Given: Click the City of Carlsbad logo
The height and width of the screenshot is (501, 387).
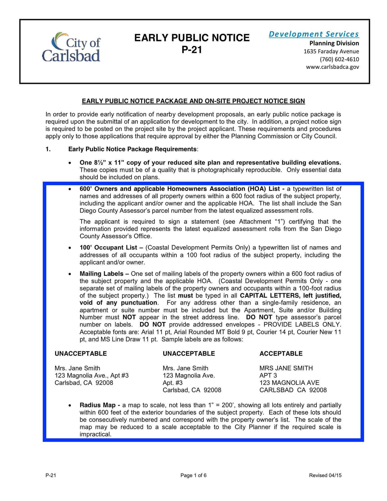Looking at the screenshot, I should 71,47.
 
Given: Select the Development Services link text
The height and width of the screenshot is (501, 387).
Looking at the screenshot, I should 313,34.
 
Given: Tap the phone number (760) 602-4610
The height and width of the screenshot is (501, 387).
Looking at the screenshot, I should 339,59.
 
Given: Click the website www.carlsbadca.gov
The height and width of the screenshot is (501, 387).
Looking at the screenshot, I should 332,67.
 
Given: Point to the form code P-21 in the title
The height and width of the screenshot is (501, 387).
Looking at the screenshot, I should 192,50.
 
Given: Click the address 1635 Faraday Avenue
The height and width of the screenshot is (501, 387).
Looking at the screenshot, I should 331,51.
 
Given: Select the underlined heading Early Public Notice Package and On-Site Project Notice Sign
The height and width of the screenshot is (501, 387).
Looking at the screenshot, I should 193,101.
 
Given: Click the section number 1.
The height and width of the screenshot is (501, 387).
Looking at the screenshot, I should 48,149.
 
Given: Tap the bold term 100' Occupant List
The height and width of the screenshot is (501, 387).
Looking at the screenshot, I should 111,247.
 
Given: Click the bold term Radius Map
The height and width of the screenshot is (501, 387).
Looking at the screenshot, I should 100,405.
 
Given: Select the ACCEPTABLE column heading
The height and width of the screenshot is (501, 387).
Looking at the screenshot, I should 281,354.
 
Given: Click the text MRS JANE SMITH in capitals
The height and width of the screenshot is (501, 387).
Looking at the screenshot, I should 286,368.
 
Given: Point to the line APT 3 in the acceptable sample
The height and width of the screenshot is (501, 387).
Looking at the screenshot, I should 268,376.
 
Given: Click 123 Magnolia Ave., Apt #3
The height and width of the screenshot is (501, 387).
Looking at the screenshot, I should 92,376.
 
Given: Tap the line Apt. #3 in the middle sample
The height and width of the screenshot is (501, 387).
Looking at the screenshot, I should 173,383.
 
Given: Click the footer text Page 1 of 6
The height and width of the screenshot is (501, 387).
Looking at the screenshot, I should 193,475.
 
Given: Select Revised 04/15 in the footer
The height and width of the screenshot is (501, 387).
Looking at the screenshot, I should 325,475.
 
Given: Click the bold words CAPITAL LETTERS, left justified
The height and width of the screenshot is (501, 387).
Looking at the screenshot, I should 290,296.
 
